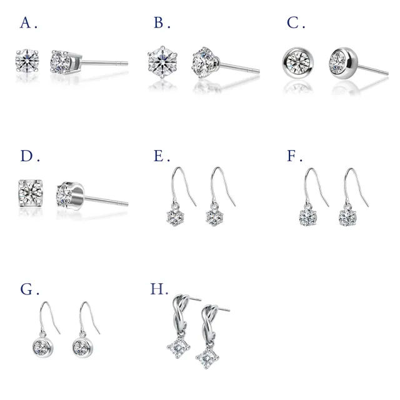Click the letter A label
point(26,22)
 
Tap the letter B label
point(159,22)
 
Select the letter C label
point(292,22)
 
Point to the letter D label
point(26,156)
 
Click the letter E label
point(158,156)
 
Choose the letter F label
point(291,156)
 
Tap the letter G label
point(26,289)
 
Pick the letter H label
point(157,289)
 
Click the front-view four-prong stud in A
point(27,61)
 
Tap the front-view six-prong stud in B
point(162,62)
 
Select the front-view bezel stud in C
point(298,62)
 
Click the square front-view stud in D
point(31,193)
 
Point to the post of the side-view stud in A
point(105,62)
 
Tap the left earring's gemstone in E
point(175,217)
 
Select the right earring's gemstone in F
point(348,217)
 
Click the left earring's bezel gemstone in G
point(43,347)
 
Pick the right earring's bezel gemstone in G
point(82,347)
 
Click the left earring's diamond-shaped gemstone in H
point(178,347)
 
